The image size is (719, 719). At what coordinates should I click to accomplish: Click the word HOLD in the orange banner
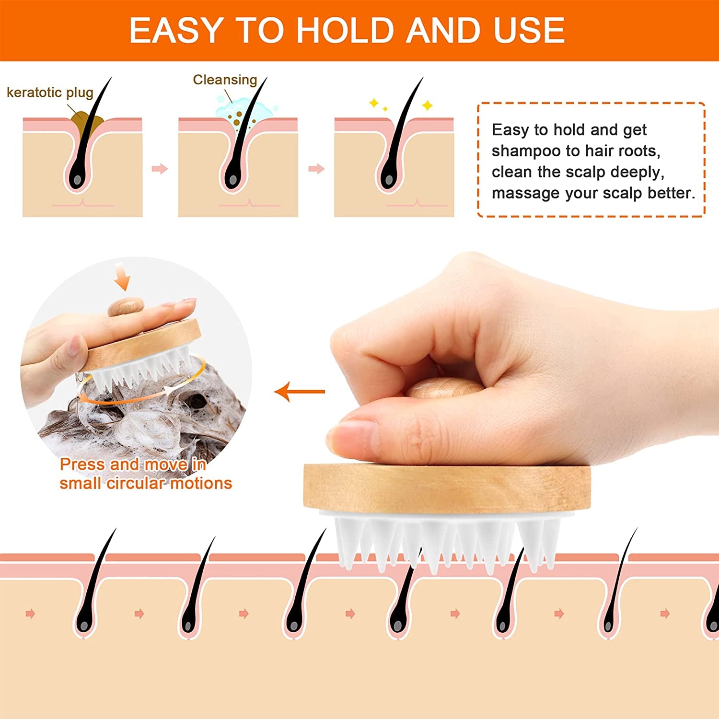tap(348, 30)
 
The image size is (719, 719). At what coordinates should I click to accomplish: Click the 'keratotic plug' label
tap(50, 92)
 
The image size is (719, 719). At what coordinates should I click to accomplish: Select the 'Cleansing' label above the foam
tap(225, 80)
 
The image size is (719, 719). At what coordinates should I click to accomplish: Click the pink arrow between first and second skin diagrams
tap(160, 169)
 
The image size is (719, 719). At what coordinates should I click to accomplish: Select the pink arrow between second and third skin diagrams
tap(316, 169)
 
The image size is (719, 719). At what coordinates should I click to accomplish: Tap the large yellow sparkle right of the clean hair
tap(427, 105)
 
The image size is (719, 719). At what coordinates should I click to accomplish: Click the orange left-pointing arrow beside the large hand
tap(300, 392)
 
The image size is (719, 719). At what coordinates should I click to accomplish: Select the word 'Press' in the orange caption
tap(82, 464)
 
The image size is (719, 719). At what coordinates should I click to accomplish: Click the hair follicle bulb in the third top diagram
tap(387, 179)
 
